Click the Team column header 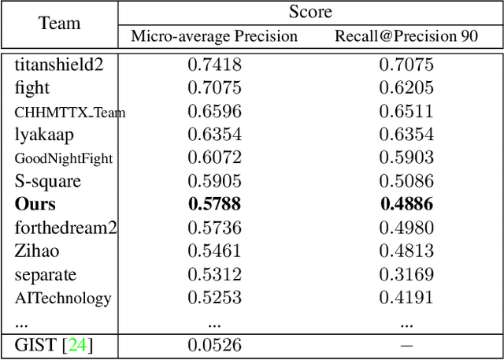[60, 24]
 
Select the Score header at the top [310, 12]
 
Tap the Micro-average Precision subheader [214, 36]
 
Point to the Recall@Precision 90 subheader [406, 36]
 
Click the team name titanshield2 [59, 65]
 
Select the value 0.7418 [214, 65]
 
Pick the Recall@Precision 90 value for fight [406, 88]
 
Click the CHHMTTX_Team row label [70, 112]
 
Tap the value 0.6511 [406, 112]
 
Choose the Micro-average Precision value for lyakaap [214, 135]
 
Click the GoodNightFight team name [64, 158]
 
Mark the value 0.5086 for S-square [406, 181]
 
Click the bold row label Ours [35, 205]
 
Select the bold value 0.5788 [214, 205]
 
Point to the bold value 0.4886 [406, 205]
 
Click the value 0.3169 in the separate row [406, 275]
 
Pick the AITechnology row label [63, 299]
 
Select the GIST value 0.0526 [214, 345]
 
